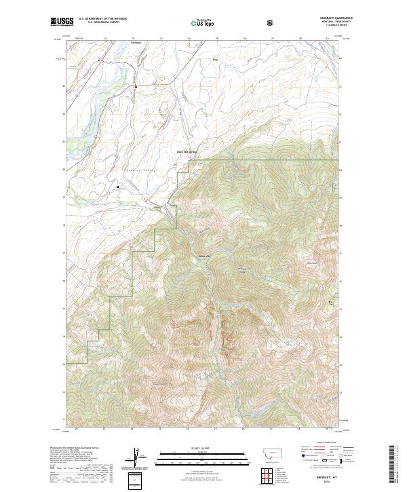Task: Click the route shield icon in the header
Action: pyautogui.click(x=271, y=22)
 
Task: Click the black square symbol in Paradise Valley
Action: pyautogui.click(x=118, y=185)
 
